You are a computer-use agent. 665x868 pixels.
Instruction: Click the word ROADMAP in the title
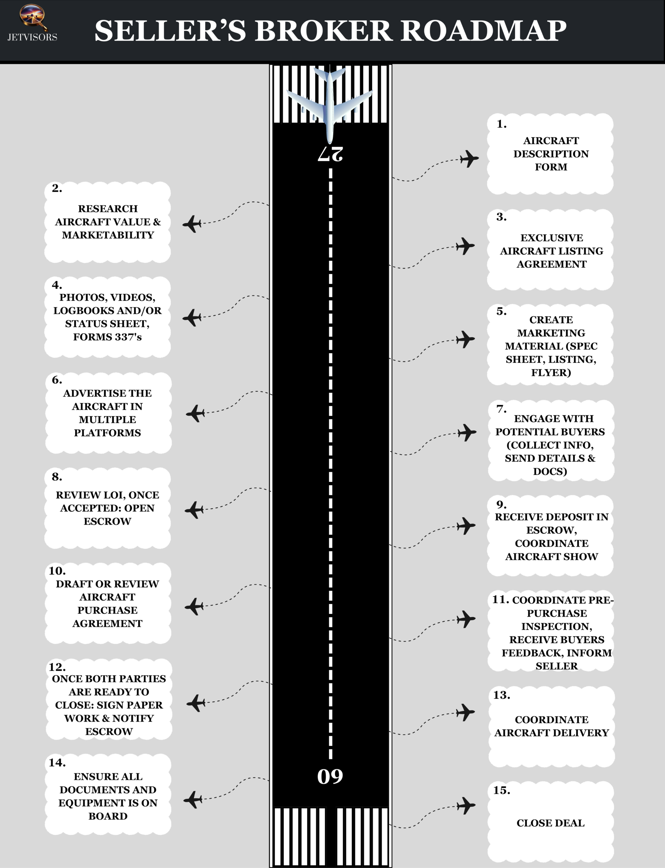484,31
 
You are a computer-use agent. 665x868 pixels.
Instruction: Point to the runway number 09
330,776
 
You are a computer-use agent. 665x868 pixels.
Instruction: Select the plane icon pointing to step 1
470,159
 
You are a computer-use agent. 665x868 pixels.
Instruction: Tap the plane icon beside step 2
192,224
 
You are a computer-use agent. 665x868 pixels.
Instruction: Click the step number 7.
501,409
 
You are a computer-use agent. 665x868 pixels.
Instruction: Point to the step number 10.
57,571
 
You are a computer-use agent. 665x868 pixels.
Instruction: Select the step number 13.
502,695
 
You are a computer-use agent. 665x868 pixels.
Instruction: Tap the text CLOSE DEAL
550,823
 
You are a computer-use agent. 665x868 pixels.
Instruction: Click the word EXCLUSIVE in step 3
551,238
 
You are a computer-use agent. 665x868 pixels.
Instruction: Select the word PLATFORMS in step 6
107,433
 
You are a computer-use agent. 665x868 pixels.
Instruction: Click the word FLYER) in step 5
551,373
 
